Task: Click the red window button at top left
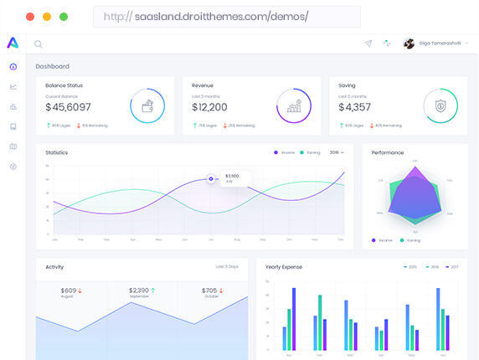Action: click(x=30, y=17)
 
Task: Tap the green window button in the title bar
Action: click(x=64, y=17)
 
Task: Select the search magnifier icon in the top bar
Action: click(x=39, y=44)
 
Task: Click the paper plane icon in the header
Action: click(x=368, y=44)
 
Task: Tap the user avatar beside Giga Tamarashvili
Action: click(x=409, y=44)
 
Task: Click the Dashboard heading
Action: click(x=52, y=66)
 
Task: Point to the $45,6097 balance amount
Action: click(x=68, y=107)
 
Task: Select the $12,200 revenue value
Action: click(x=209, y=107)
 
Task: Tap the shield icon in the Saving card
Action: click(x=440, y=106)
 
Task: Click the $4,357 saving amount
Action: click(x=354, y=107)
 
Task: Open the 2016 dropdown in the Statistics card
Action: click(x=337, y=152)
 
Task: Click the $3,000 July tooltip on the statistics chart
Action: click(x=233, y=178)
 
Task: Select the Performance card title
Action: click(x=388, y=152)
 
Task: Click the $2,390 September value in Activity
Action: click(x=139, y=291)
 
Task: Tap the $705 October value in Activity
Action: click(x=210, y=291)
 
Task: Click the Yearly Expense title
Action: click(x=284, y=267)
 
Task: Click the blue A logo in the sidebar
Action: click(x=13, y=43)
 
